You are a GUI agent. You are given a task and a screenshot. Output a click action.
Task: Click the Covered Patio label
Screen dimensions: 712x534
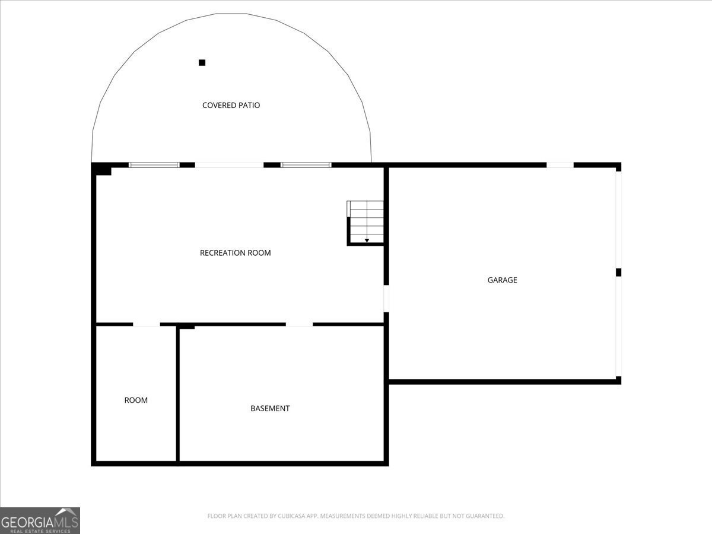[231, 105]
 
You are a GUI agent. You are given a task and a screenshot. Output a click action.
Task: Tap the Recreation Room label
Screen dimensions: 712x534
[235, 253]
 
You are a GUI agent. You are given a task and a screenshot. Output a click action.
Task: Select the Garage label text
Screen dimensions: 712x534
[502, 280]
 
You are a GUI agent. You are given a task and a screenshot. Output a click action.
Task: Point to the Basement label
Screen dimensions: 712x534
[270, 408]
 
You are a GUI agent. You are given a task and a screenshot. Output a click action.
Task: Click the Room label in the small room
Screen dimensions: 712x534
[136, 400]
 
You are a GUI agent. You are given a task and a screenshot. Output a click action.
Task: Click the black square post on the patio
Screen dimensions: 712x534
[202, 62]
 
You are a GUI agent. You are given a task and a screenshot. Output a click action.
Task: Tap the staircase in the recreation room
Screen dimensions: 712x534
[365, 223]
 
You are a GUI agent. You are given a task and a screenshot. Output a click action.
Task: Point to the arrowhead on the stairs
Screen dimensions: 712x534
[367, 240]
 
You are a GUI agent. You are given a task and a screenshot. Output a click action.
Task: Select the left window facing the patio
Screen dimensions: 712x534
[154, 165]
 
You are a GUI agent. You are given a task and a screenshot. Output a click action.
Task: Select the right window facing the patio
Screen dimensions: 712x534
[306, 165]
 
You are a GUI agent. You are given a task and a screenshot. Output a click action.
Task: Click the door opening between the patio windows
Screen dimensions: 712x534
[230, 165]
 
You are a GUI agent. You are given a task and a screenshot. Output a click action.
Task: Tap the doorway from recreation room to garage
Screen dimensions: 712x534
[386, 298]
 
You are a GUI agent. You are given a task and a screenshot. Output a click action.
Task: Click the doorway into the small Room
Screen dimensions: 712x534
[147, 324]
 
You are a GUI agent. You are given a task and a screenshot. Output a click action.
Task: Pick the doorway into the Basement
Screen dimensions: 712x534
[299, 324]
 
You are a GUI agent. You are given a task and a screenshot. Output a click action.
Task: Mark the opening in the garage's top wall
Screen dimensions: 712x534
[560, 165]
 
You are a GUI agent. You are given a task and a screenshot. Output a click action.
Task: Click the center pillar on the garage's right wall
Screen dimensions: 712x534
[619, 272]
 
